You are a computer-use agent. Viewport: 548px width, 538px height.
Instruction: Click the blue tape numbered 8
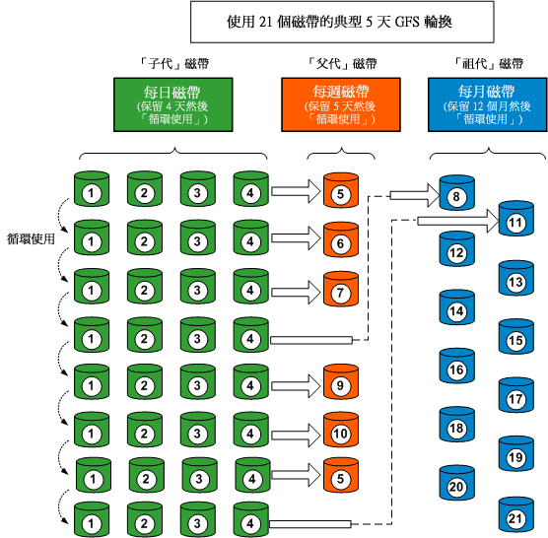(x=456, y=195)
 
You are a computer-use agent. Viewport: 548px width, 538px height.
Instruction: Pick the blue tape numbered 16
(x=456, y=370)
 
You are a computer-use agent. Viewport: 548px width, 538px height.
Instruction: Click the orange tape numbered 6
(x=339, y=239)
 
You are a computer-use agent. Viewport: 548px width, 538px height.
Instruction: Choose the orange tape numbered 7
(x=339, y=290)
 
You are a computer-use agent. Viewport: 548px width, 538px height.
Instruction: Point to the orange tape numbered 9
(x=339, y=383)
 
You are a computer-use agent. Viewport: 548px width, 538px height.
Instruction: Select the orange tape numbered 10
(x=339, y=431)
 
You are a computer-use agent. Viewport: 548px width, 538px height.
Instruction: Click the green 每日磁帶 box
(x=173, y=104)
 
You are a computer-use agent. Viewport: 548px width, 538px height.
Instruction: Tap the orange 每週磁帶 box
(x=342, y=104)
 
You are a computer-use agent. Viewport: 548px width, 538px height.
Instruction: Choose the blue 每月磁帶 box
(x=486, y=104)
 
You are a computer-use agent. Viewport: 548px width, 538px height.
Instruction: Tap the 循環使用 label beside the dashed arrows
(x=31, y=237)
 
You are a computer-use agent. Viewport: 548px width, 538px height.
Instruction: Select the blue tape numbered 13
(x=514, y=282)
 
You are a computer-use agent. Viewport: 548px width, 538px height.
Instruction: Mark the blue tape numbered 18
(x=456, y=429)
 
